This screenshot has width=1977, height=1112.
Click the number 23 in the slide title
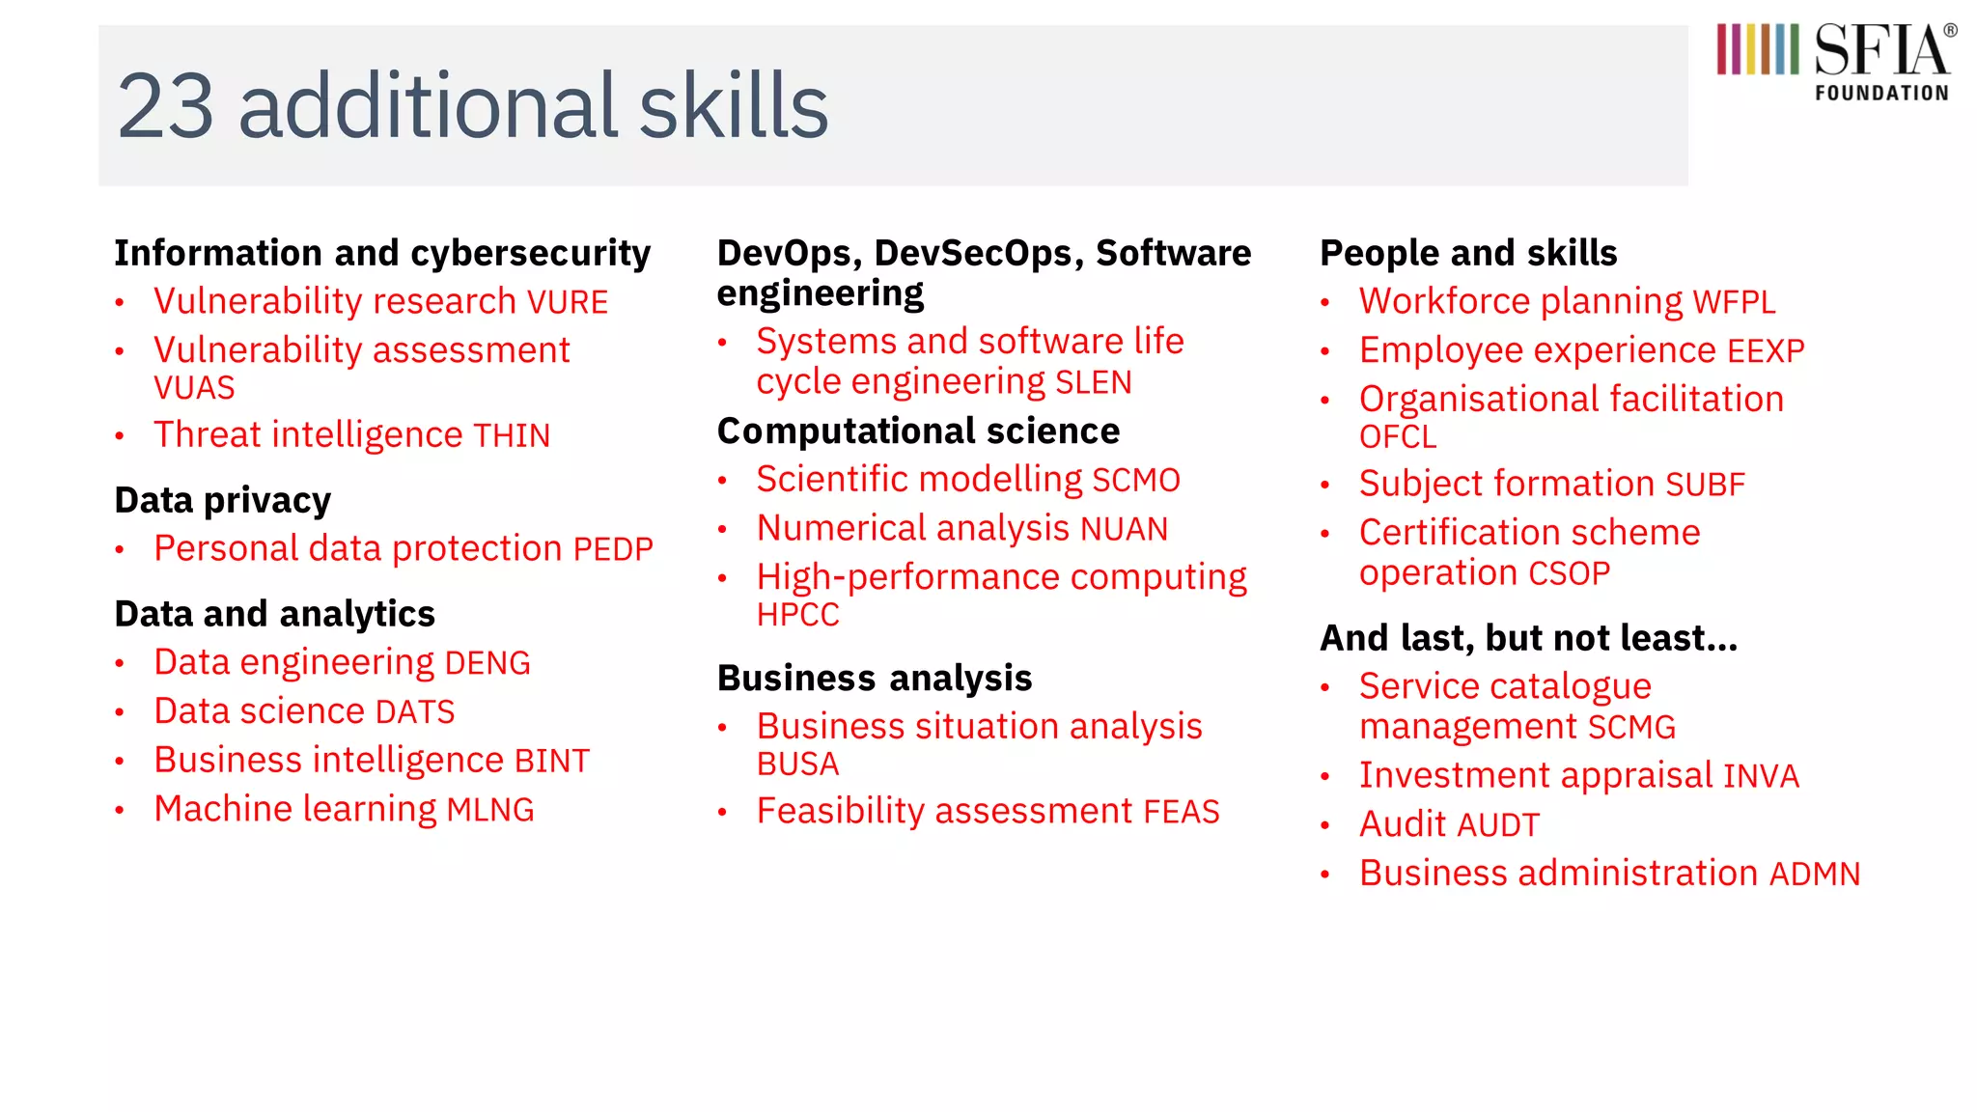pos(165,106)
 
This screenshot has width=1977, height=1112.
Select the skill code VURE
pos(567,303)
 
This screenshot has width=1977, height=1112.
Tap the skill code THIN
pos(512,436)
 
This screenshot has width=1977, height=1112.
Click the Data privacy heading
pos(222,501)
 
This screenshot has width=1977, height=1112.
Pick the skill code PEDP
pos(613,550)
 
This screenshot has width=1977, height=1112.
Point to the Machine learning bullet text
pos(344,809)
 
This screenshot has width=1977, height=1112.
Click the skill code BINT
pos(551,762)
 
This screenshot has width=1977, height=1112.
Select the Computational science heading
pos(918,431)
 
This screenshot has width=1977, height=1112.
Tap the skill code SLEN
pos(1093,383)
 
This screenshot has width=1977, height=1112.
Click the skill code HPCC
pos(797,615)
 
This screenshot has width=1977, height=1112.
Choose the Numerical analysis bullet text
pos(961,529)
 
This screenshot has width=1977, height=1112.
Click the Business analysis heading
pos(874,679)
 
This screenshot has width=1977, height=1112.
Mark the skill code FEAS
pos(1182,812)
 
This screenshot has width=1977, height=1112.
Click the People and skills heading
pos(1467,253)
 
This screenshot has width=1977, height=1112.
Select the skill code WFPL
pos(1734,303)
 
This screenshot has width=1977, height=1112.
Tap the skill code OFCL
pos(1397,437)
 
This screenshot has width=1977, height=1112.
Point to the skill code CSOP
pos(1569,574)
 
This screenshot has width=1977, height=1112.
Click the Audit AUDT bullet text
pos(1448,825)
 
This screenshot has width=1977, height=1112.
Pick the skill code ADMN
pos(1814,875)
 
